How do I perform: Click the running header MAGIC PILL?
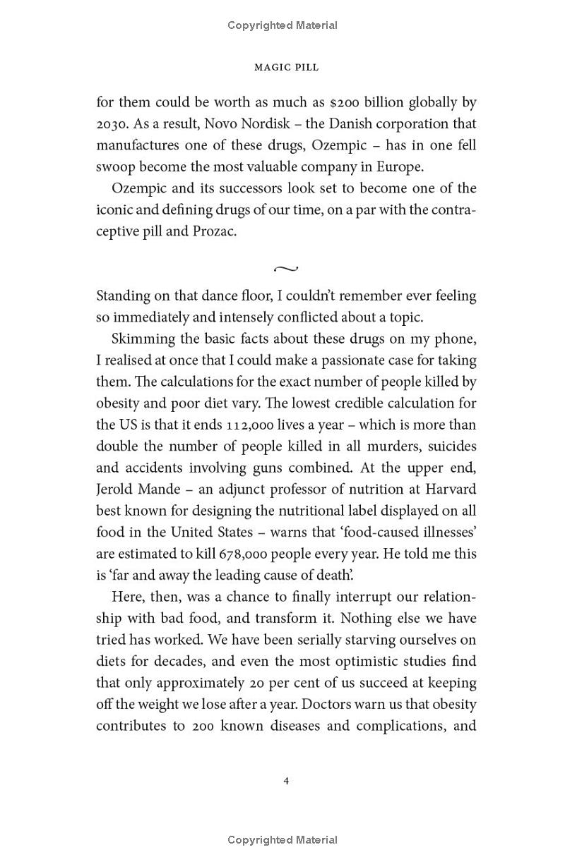click(286, 67)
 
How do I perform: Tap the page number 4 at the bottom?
click(286, 781)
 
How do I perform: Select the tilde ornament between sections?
click(285, 269)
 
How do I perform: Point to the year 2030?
click(111, 124)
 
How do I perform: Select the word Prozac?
click(214, 231)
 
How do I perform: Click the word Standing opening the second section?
click(124, 296)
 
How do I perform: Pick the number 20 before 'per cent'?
click(256, 683)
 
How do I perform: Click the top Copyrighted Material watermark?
click(282, 25)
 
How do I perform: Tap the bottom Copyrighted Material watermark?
click(282, 840)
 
